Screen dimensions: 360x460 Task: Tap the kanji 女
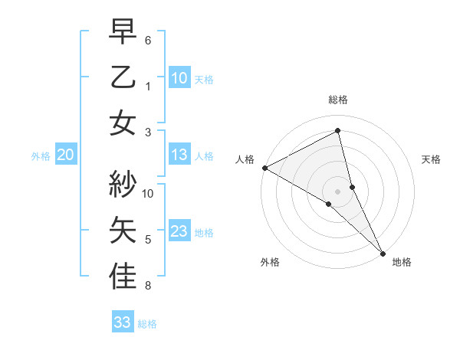click(123, 123)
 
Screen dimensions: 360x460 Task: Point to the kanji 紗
click(123, 184)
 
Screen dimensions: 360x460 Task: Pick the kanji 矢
click(123, 231)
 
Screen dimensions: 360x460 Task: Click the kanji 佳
click(123, 277)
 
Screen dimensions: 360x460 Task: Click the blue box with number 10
click(179, 77)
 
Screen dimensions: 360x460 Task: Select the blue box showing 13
click(179, 155)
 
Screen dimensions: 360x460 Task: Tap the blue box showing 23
click(179, 231)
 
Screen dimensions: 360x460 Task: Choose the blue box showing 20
click(65, 155)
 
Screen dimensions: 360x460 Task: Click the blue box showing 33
click(122, 322)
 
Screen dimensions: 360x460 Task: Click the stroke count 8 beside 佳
click(148, 286)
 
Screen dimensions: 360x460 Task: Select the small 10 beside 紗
click(149, 193)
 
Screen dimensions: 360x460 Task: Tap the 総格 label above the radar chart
click(338, 100)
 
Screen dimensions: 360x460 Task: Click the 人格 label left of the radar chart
click(245, 159)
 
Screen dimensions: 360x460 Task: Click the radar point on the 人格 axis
click(264, 168)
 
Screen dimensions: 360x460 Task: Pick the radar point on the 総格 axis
click(338, 131)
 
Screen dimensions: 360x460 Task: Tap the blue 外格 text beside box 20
click(41, 156)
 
